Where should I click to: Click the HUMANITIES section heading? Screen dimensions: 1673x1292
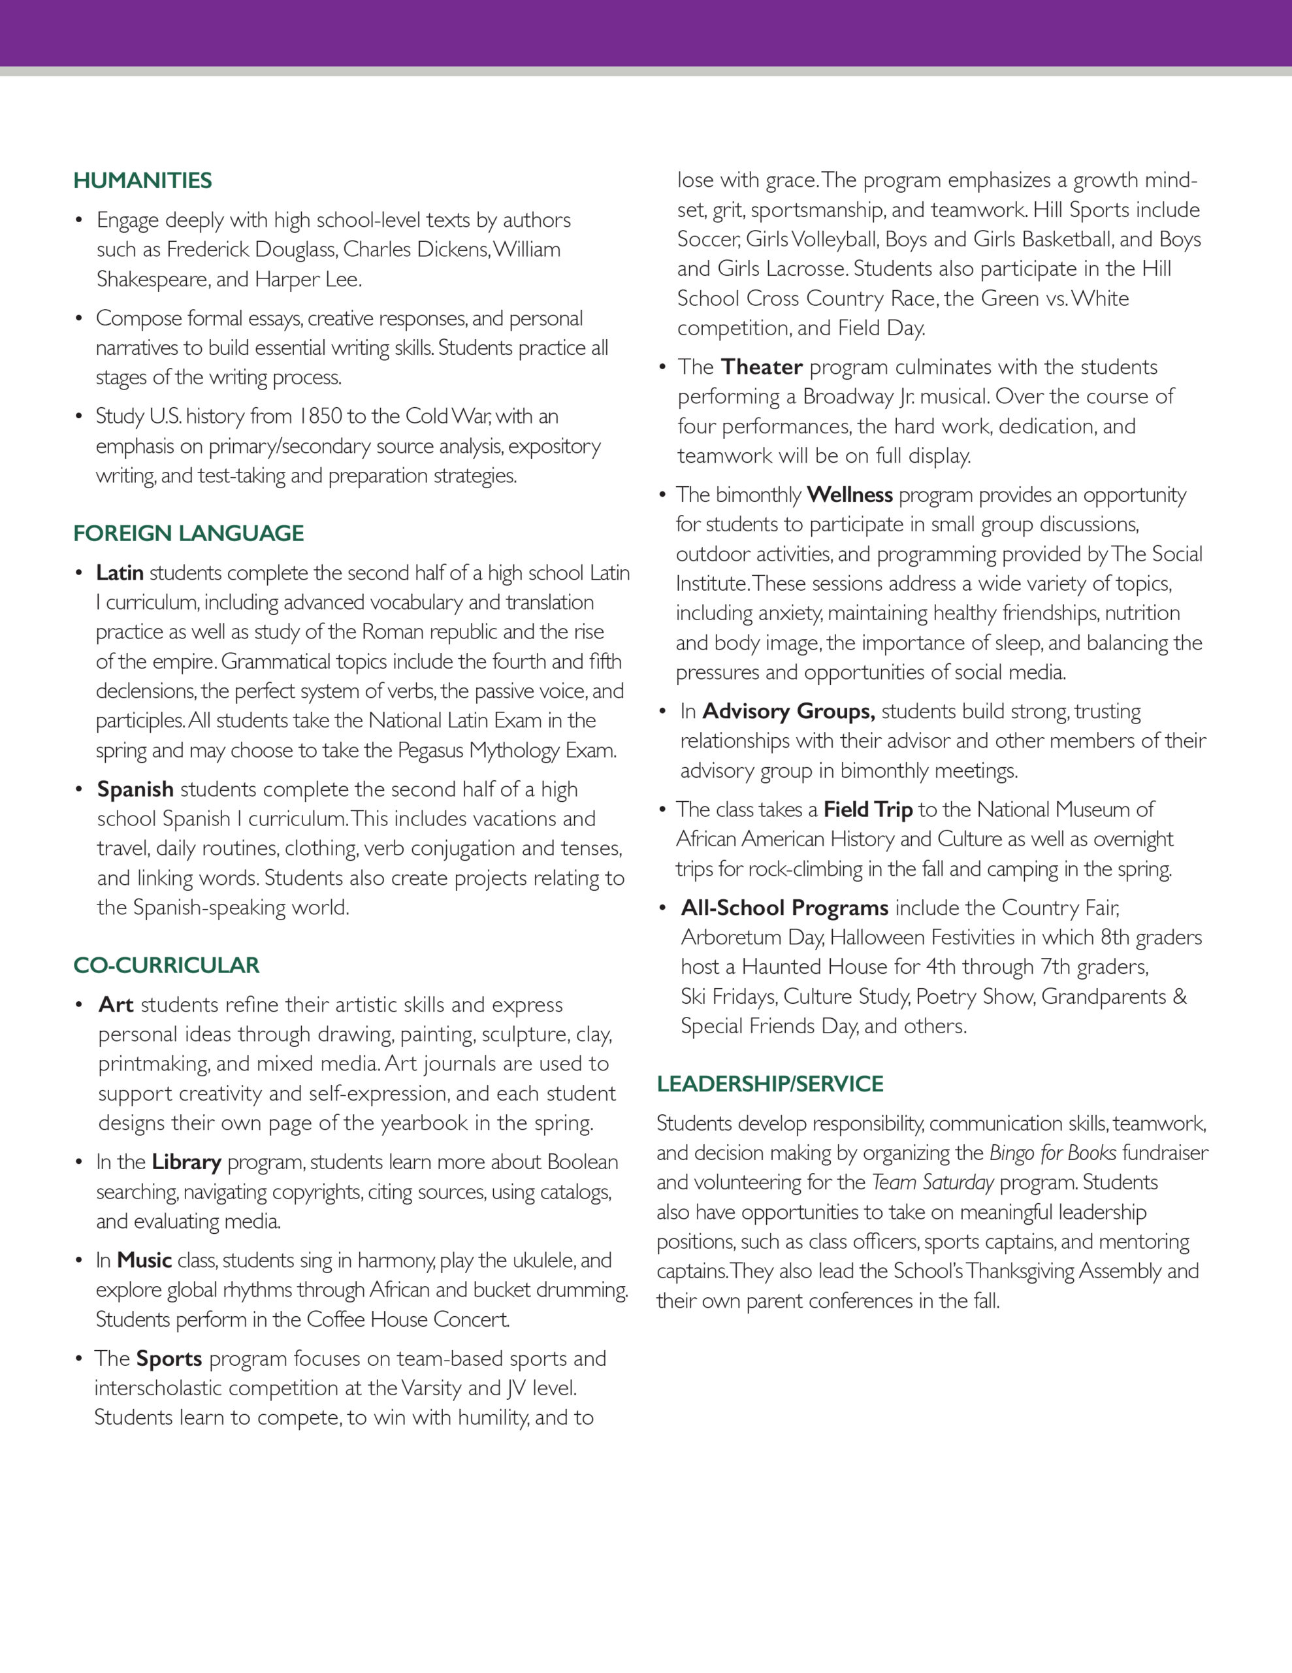pyautogui.click(x=142, y=181)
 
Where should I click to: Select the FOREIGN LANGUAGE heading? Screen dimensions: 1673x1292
pyautogui.click(x=188, y=533)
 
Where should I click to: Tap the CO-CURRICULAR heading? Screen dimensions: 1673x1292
pyautogui.click(x=166, y=965)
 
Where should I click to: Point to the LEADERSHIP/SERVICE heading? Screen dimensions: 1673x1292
pyautogui.click(x=769, y=1084)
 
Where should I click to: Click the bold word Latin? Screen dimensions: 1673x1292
pyautogui.click(x=120, y=573)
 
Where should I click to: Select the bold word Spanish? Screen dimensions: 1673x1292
pyautogui.click(x=135, y=789)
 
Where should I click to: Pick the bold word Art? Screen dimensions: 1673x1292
pyautogui.click(x=116, y=1004)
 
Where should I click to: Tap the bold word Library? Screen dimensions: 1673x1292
pyautogui.click(x=186, y=1162)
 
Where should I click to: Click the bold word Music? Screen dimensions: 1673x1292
pyautogui.click(x=144, y=1260)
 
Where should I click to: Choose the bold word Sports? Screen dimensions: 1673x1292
pyautogui.click(x=169, y=1358)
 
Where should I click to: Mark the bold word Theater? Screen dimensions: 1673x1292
pyautogui.click(x=761, y=367)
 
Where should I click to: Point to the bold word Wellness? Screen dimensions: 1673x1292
pyautogui.click(x=849, y=495)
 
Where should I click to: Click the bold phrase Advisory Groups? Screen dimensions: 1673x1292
pyautogui.click(x=788, y=711)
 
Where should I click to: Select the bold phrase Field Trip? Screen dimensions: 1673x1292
pyautogui.click(x=867, y=810)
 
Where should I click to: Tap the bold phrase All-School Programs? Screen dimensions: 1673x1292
pyautogui.click(x=784, y=908)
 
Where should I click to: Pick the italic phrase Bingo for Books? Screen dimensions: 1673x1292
pyautogui.click(x=1052, y=1153)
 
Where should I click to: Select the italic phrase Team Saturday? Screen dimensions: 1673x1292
pyautogui.click(x=932, y=1183)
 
